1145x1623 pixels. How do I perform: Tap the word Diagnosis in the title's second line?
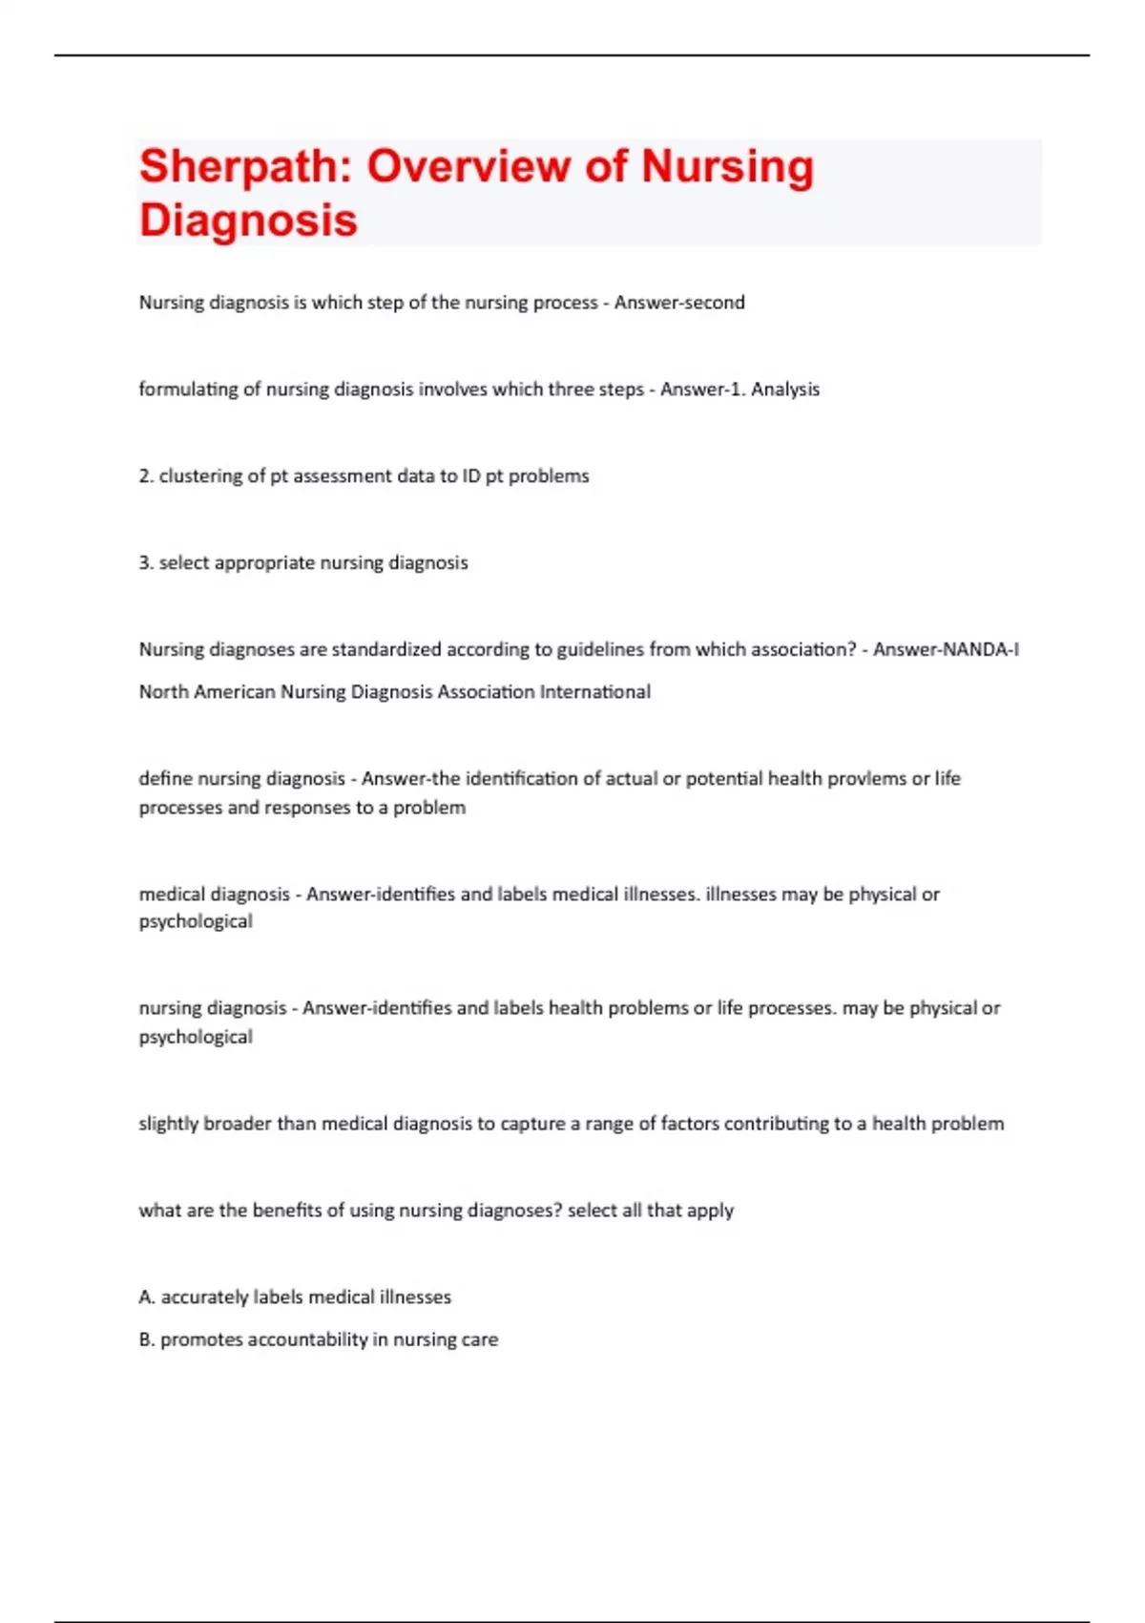tap(248, 220)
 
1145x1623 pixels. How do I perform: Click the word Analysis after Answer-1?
tap(785, 390)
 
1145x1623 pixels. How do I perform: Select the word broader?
tap(238, 1124)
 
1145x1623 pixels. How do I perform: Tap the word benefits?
tap(287, 1211)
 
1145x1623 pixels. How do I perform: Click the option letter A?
tap(147, 1297)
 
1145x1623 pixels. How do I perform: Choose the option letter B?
tap(147, 1339)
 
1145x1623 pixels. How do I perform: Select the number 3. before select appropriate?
tap(146, 563)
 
